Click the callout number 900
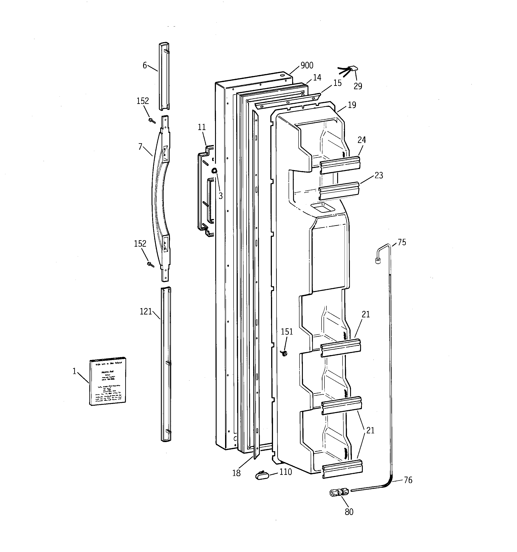[307, 66]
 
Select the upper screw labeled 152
[152, 120]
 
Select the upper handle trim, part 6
[164, 76]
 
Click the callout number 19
[352, 105]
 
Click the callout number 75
[402, 242]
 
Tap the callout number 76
[408, 480]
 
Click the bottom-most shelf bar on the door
[343, 469]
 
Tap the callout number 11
[202, 127]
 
